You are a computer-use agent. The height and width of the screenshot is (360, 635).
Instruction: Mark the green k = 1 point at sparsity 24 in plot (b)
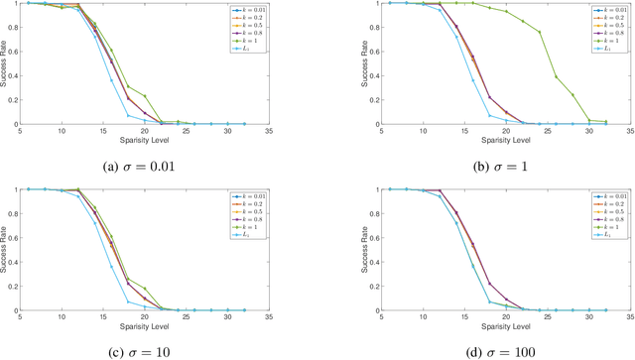[x=540, y=32]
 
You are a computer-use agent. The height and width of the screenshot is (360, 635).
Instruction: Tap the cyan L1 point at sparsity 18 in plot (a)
[x=128, y=115]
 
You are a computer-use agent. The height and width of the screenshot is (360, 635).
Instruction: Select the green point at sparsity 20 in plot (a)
[x=145, y=96]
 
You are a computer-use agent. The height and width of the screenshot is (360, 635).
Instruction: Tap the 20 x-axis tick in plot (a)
[x=145, y=131]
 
